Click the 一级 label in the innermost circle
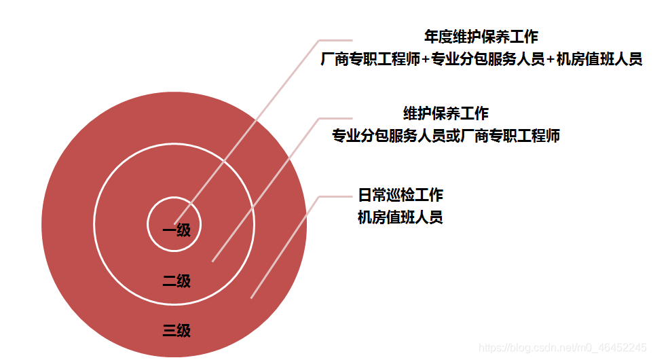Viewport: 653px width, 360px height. pos(176,230)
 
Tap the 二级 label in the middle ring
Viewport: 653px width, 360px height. pos(176,281)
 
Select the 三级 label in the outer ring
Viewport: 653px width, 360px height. pos(176,331)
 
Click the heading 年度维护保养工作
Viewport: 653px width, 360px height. pos(481,37)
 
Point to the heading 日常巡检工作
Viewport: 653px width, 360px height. pos(400,196)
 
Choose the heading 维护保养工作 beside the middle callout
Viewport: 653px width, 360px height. pos(445,113)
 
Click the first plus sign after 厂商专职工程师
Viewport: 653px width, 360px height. pos(426,60)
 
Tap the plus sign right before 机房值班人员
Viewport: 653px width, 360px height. pos(551,60)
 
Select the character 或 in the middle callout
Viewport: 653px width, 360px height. pos(453,136)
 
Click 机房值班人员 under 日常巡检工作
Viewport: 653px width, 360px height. pos(400,218)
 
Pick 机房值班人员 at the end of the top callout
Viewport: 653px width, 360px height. pos(599,60)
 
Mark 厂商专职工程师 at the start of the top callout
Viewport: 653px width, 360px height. pos(371,60)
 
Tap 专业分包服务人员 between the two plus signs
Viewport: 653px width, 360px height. pos(488,60)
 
